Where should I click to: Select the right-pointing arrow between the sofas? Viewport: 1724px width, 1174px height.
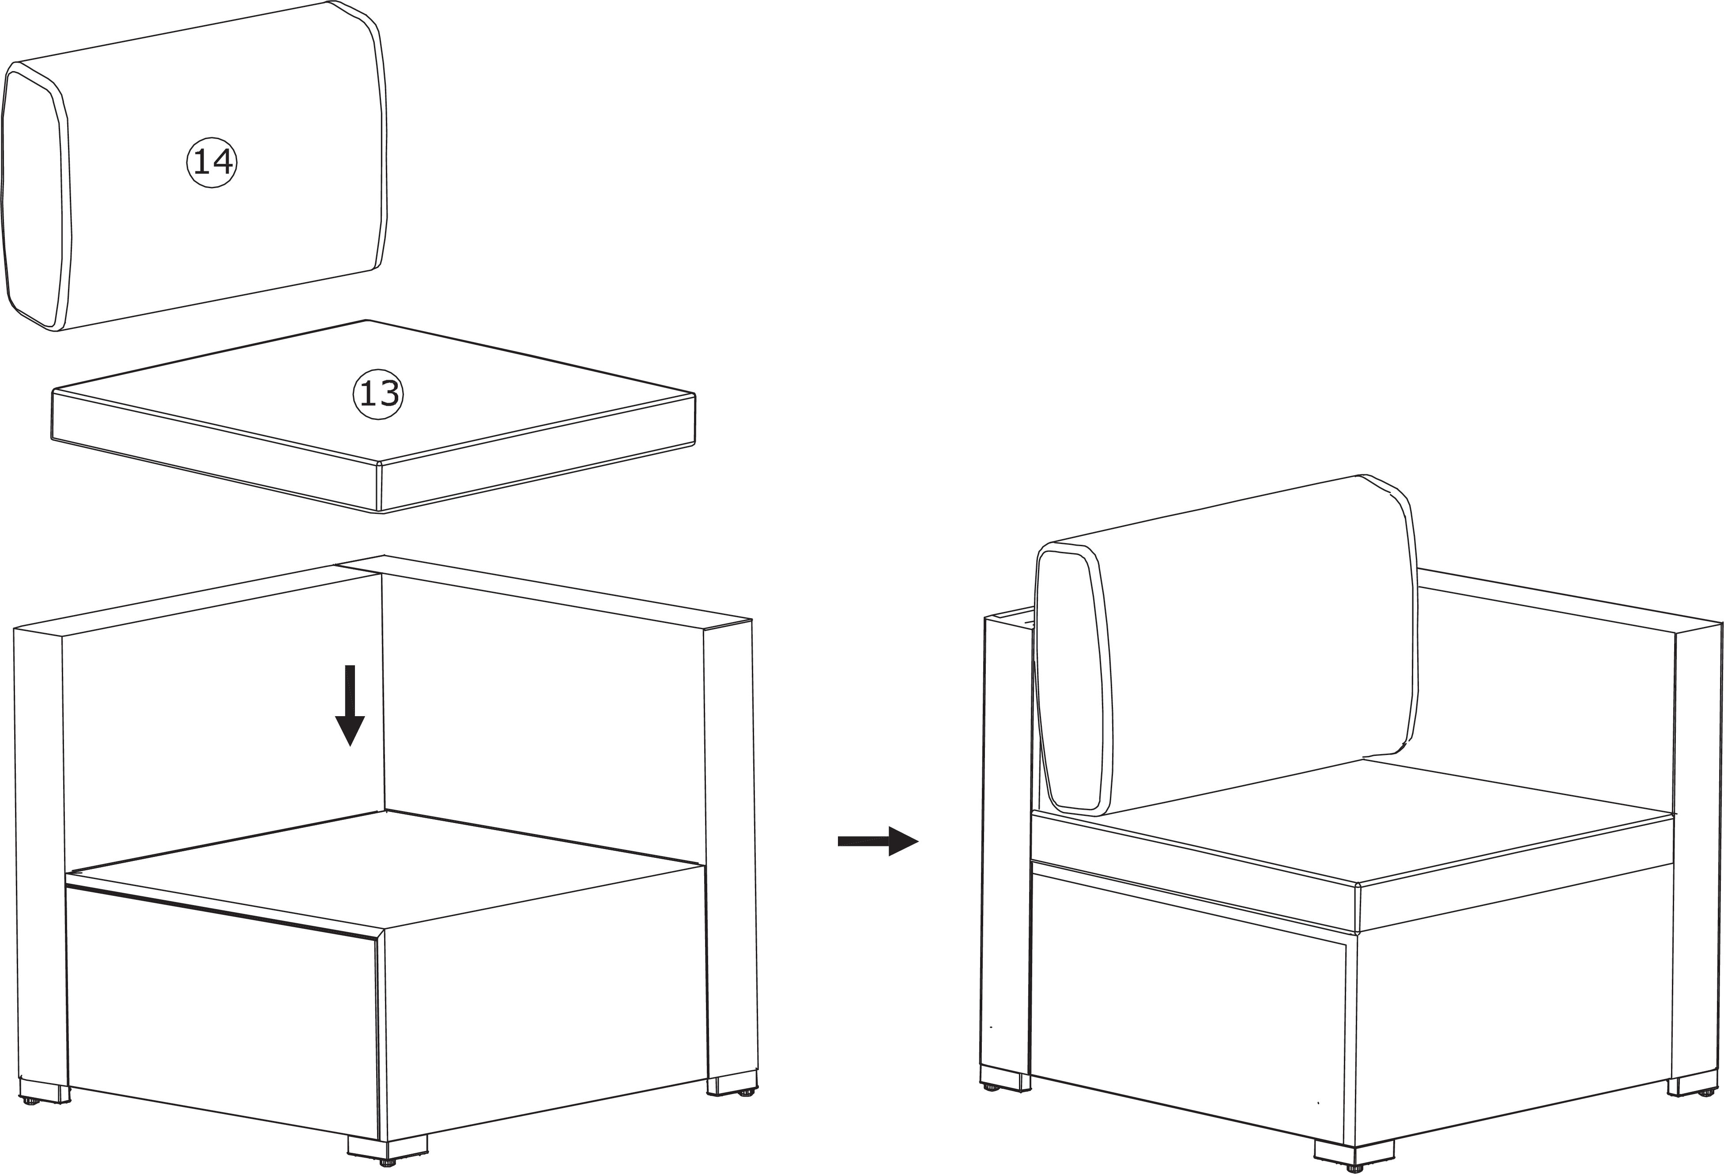click(878, 841)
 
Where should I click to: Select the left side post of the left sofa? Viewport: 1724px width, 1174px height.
click(40, 853)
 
